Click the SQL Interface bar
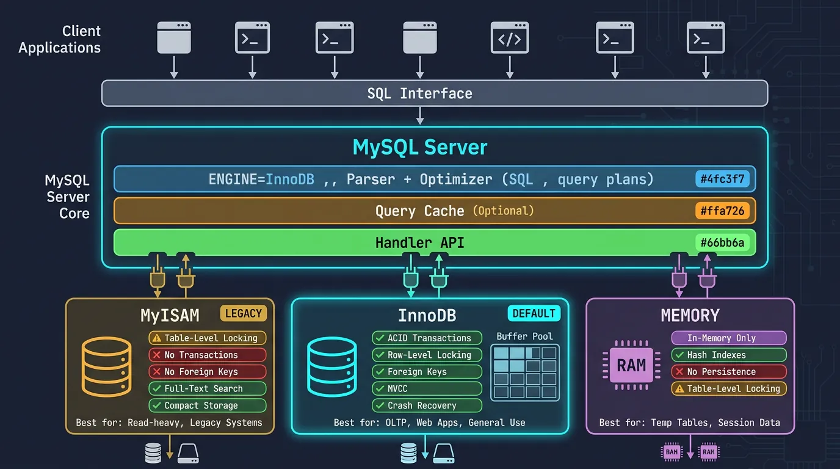[x=434, y=93]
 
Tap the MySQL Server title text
[x=420, y=147]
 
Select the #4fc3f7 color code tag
[x=725, y=179]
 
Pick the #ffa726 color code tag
[x=725, y=211]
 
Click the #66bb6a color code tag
[x=725, y=242]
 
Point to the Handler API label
[x=420, y=242]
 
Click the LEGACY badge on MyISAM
[x=244, y=313]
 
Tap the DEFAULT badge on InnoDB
[x=534, y=313]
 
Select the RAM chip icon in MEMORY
[x=631, y=365]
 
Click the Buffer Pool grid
[x=525, y=372]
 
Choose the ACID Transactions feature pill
[x=427, y=338]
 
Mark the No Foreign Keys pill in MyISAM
[x=207, y=371]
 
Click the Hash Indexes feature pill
[x=728, y=355]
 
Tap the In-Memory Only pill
[x=728, y=338]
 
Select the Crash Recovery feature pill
[x=427, y=405]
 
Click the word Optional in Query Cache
[x=503, y=211]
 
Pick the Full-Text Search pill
[x=207, y=388]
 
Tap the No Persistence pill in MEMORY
[x=728, y=371]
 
